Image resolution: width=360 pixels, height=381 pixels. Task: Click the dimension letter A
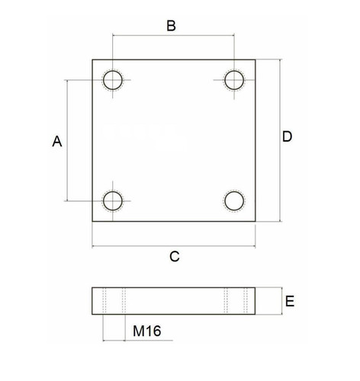[x=57, y=141]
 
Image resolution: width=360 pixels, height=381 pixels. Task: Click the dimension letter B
[x=171, y=26]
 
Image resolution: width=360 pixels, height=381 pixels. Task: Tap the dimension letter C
[x=175, y=257]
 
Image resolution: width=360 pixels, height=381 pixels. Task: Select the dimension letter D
[x=288, y=136]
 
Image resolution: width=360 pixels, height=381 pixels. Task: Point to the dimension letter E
[x=290, y=301]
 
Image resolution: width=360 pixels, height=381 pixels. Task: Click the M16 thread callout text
[x=147, y=331]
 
